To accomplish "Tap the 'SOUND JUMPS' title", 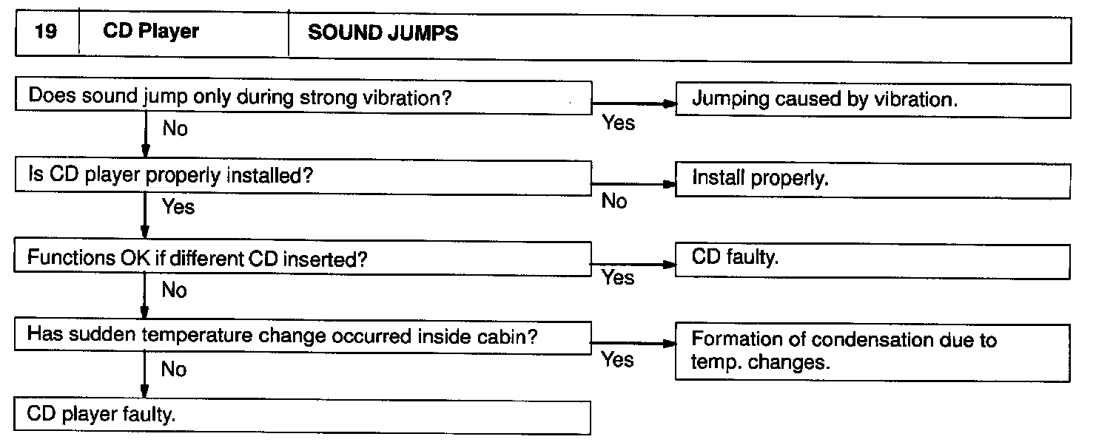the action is [383, 33].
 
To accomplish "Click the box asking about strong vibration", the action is [303, 98].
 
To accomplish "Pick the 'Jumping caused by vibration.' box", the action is [872, 101].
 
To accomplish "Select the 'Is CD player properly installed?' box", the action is [303, 177].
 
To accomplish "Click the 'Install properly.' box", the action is [872, 180].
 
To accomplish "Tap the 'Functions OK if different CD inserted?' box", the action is [303, 258].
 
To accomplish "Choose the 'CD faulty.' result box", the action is [872, 260].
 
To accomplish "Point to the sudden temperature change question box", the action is [303, 336].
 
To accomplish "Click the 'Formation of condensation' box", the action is [872, 351].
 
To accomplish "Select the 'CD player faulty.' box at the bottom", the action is [303, 416].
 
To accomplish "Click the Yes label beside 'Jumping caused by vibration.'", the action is [619, 123].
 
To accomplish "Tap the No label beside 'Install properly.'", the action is [614, 201].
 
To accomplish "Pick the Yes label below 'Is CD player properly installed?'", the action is [178, 207].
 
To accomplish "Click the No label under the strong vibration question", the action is [175, 129].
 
